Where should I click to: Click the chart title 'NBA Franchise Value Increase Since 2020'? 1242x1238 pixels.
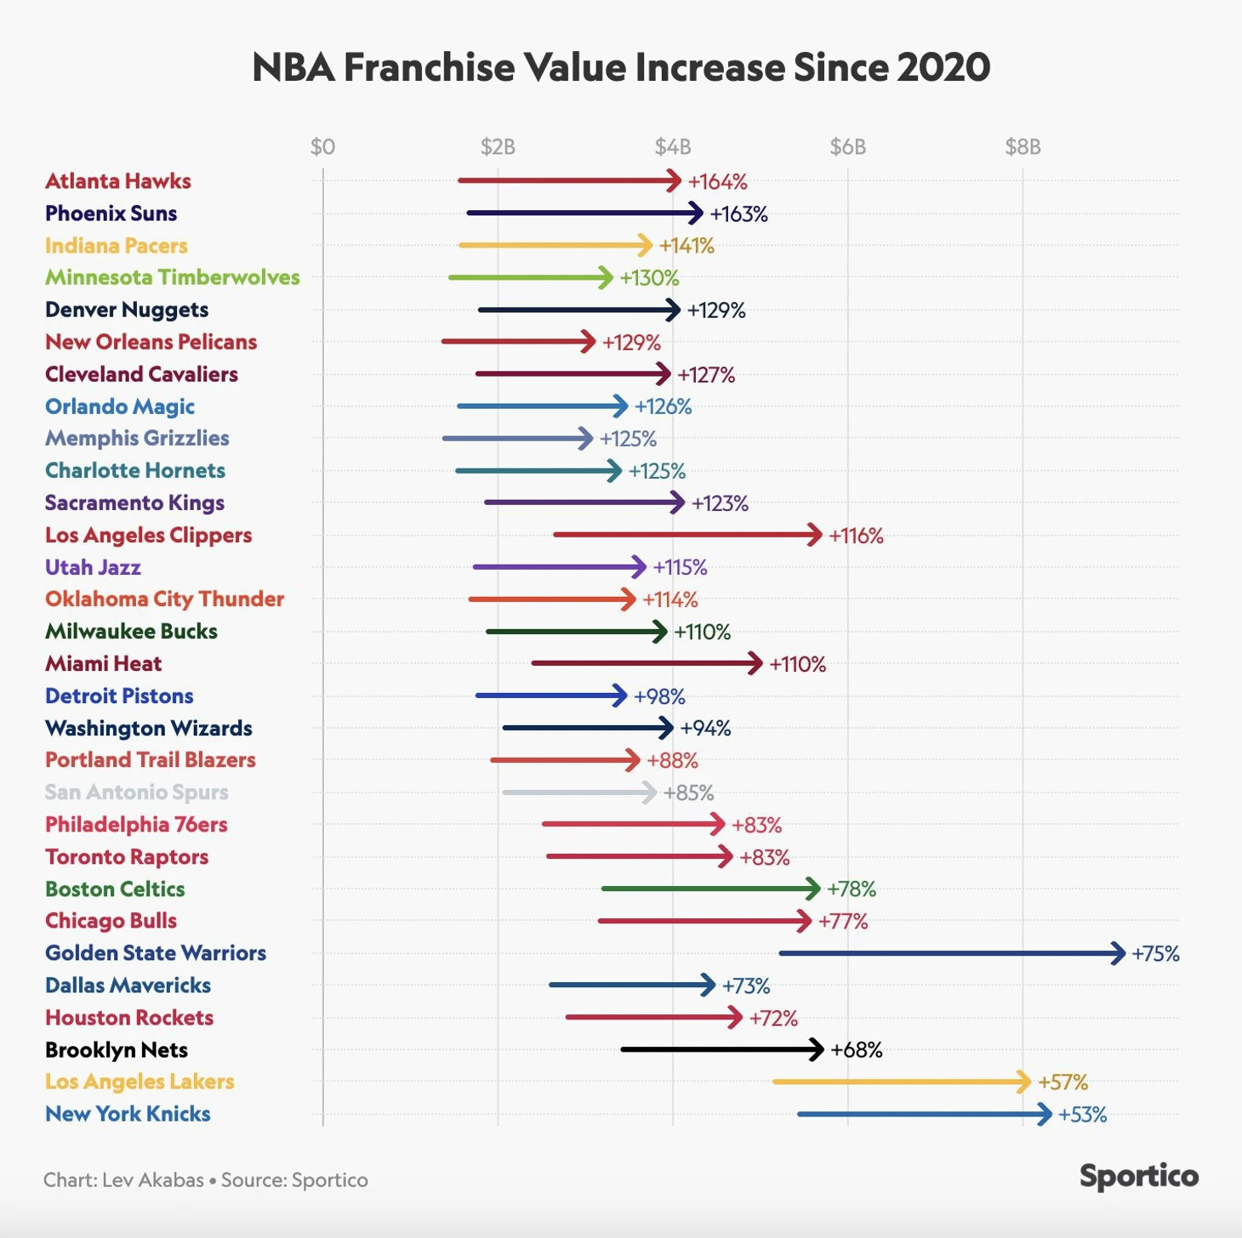coord(621,67)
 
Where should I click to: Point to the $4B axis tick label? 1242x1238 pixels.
coord(672,147)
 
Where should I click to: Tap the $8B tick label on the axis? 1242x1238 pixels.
coord(1023,147)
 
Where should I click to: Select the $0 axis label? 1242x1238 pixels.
coord(322,147)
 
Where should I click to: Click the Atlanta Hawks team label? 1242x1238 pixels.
coord(117,181)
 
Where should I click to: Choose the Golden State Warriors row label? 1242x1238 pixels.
coord(156,953)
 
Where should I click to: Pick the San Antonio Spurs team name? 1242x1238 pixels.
coord(136,792)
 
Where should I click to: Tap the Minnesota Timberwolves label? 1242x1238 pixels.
coord(172,277)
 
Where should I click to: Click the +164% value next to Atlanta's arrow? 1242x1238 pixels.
coord(717,182)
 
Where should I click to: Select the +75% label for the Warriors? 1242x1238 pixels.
coord(1155,954)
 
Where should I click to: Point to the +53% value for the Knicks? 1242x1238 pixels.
coord(1082,1115)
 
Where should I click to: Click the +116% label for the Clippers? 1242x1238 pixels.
coord(856,536)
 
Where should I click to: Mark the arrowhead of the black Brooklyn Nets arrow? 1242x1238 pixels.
coord(818,1050)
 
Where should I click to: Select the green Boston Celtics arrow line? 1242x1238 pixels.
coord(706,889)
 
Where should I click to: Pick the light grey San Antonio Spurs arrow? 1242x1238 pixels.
coord(578,792)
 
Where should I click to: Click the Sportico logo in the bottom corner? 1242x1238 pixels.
coord(1138,1177)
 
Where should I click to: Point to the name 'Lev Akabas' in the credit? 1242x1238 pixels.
coord(153,1180)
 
